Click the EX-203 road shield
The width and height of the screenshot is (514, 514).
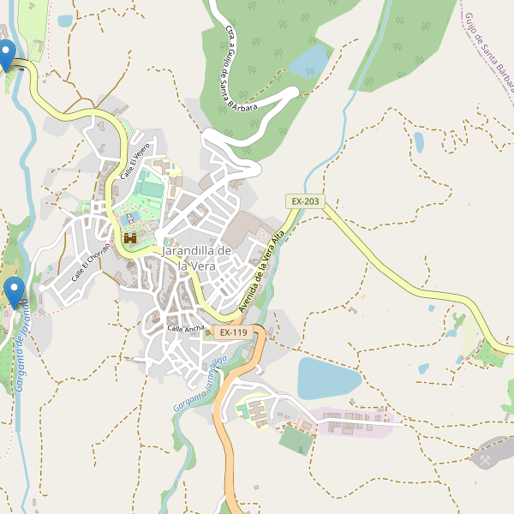click(x=305, y=201)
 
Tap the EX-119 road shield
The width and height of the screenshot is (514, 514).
click(x=233, y=332)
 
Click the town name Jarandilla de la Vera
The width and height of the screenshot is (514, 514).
click(x=197, y=258)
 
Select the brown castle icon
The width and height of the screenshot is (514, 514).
click(x=130, y=239)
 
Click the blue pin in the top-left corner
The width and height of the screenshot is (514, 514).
click(x=7, y=54)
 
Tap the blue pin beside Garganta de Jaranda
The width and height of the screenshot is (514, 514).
click(x=13, y=291)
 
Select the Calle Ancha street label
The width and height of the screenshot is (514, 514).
click(x=186, y=329)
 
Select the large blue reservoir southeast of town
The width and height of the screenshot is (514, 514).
click(x=329, y=378)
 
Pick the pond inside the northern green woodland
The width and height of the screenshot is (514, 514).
click(x=310, y=60)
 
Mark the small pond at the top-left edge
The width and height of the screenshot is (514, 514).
click(x=65, y=21)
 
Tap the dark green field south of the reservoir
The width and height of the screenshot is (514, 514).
click(x=296, y=440)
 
